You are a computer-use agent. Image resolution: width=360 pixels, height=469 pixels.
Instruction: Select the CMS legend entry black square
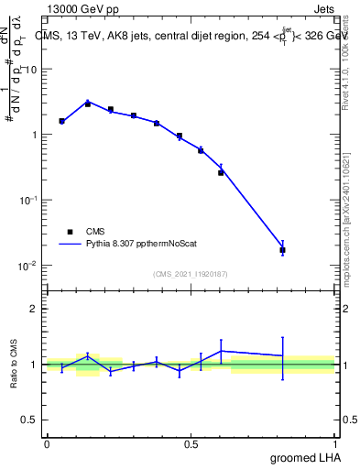pos(70,232)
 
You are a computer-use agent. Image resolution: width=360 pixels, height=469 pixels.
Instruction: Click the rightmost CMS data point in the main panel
pos(282,250)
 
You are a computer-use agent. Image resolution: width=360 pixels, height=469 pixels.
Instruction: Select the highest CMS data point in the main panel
pos(88,104)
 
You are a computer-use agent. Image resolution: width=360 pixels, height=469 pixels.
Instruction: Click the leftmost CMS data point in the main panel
pos(61,121)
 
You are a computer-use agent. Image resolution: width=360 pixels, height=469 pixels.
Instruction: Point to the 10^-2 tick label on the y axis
pos(26,266)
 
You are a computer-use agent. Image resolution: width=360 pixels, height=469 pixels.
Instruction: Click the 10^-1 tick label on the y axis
pos(26,201)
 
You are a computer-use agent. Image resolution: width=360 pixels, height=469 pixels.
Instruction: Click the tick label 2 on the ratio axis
pos(34,309)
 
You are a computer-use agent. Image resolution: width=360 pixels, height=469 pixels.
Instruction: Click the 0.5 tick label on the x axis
pos(191,444)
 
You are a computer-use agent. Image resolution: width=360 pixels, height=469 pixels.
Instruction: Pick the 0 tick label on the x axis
pos(47,444)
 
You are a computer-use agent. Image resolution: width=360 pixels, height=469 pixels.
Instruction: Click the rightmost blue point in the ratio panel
pos(282,355)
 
